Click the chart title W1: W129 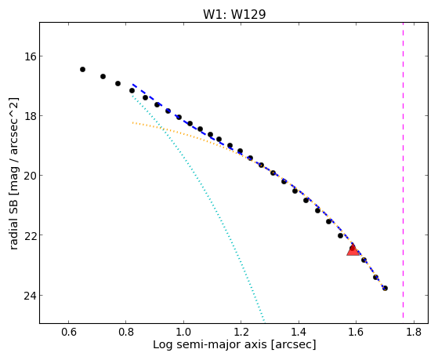coord(234,14)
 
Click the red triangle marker coord(353,249)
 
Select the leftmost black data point coord(82,69)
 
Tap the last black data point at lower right coord(385,288)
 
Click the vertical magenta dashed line coord(403,170)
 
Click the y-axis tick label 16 coord(30,56)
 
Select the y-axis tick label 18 coord(30,116)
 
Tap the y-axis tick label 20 coord(30,176)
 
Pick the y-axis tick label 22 coord(30,235)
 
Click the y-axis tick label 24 coord(30,296)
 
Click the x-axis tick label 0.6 coord(69,333)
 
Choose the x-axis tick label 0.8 coord(126,333)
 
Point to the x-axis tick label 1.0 coord(183,333)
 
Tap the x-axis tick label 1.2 coord(241,333)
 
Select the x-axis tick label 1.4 coord(299,333)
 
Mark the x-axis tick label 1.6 coord(357,333)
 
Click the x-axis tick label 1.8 coord(414,333)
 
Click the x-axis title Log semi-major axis coord(209,344)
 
